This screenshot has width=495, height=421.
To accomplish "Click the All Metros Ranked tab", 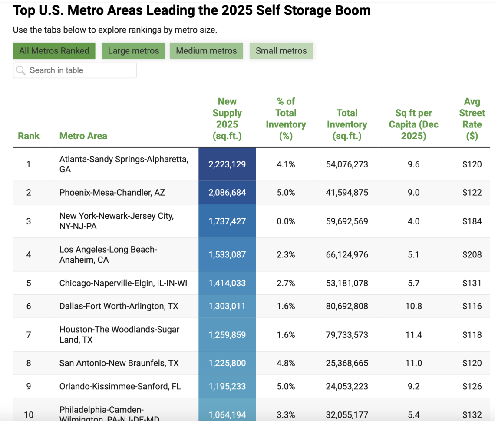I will [x=54, y=51].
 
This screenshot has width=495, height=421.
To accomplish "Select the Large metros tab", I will [x=133, y=51].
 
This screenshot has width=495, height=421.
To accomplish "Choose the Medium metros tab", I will [x=206, y=51].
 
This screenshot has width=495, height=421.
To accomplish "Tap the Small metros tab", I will [x=281, y=51].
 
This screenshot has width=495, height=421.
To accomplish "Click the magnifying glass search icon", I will [x=21, y=70].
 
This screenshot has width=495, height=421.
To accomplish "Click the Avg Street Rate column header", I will [x=472, y=119].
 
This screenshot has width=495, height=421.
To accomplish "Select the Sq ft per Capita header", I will [x=413, y=124].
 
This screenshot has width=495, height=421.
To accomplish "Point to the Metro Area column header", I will [x=83, y=136].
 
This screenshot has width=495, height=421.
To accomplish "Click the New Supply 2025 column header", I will [x=227, y=119].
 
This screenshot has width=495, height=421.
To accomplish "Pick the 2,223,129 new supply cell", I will [x=227, y=164].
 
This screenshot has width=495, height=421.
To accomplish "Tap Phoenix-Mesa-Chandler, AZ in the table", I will [x=112, y=192].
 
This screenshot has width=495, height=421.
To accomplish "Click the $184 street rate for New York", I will [x=472, y=221].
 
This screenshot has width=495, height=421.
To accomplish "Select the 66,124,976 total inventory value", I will [x=347, y=255].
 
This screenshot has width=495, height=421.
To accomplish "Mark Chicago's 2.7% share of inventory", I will [x=286, y=283].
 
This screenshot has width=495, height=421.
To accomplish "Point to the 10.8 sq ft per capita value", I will [x=413, y=306].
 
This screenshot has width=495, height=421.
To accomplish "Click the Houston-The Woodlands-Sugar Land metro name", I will [x=119, y=334].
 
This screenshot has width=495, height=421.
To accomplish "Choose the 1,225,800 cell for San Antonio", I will [x=227, y=363].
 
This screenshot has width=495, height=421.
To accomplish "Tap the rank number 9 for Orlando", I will [x=29, y=386].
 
